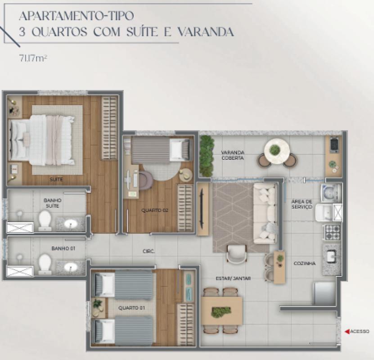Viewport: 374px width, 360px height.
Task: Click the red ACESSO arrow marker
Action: click(347, 331)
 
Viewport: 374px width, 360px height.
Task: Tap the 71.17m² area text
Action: click(33, 58)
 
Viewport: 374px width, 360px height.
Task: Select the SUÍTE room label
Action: click(57, 179)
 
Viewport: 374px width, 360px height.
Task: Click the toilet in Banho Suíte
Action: click(45, 220)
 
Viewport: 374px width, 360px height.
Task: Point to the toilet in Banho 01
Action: click(45, 264)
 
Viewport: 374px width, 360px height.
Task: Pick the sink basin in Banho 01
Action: click(71, 267)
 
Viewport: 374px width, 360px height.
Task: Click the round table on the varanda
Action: click(277, 151)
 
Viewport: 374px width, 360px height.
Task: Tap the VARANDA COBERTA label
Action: click(232, 155)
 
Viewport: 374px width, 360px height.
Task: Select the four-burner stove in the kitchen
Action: click(332, 232)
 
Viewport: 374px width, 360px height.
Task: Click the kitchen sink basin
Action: click(332, 256)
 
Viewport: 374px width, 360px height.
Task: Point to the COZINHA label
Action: click(305, 263)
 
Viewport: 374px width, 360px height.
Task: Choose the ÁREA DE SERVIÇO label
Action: click(302, 204)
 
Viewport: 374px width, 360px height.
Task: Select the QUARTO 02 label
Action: click(154, 211)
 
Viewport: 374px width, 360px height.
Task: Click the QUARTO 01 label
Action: click(132, 308)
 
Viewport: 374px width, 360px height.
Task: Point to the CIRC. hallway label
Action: click(149, 251)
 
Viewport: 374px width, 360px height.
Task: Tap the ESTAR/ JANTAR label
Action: click(233, 279)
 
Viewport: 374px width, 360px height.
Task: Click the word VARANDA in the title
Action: click(206, 32)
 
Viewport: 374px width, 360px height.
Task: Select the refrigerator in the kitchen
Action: click(325, 294)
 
